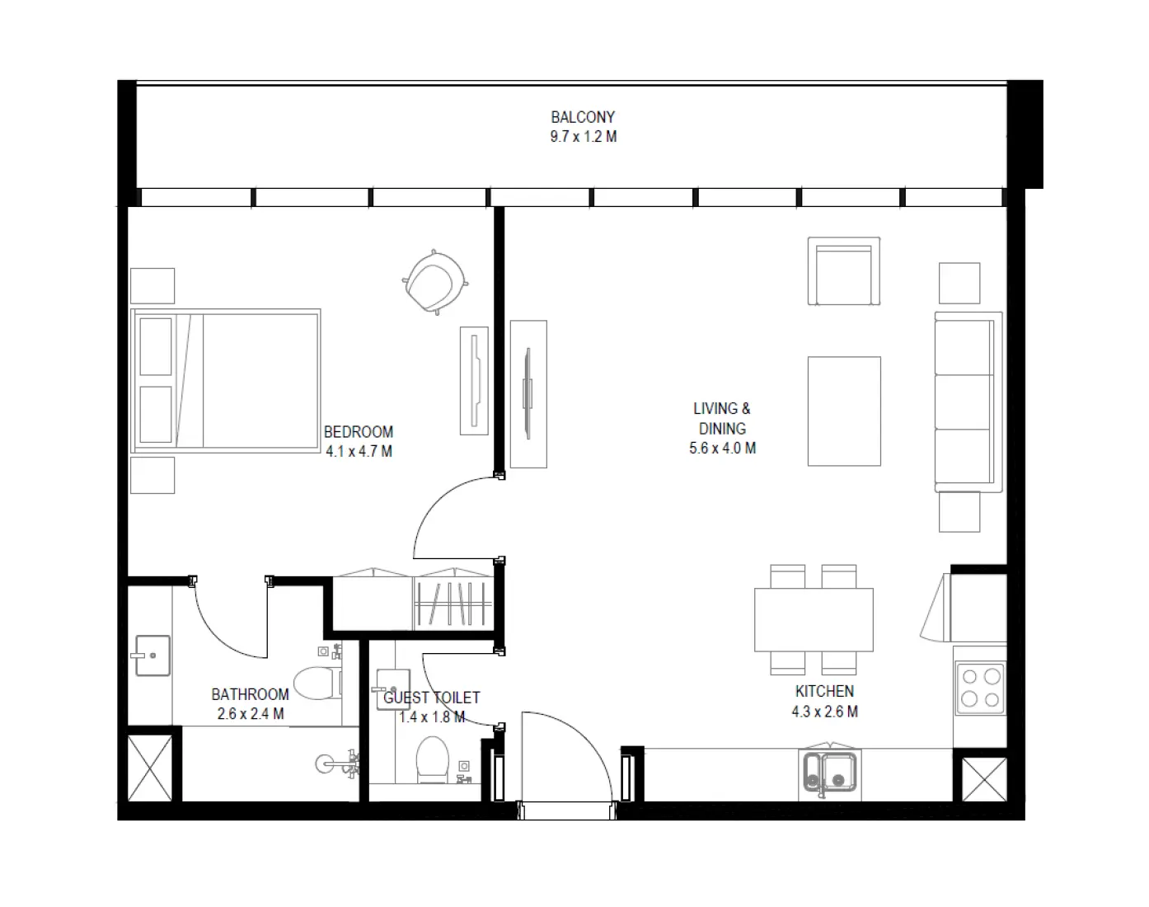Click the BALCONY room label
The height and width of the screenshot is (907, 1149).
pos(583,117)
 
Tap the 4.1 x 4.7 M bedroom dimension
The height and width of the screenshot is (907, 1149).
pos(359,452)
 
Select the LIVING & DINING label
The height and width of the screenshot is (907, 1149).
pos(722,418)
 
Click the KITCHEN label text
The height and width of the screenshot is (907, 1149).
pos(824,692)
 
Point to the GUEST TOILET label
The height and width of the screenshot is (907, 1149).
pos(431,698)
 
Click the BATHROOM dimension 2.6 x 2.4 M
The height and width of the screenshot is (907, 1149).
pos(251,714)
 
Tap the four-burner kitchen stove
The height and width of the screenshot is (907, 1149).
pos(981,688)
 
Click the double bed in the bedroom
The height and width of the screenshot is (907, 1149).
pos(227,381)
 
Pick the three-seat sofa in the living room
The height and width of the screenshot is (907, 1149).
pos(967,402)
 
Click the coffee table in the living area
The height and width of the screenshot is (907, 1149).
pos(844,411)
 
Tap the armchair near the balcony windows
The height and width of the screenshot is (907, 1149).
pos(843,272)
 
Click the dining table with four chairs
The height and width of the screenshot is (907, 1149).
pos(814,619)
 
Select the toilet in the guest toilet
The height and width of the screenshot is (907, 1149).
pos(432,759)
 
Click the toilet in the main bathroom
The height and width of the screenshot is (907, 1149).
pos(314,682)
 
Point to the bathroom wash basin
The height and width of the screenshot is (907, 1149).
pos(151,656)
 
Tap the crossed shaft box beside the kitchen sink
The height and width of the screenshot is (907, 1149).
pos(984,778)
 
